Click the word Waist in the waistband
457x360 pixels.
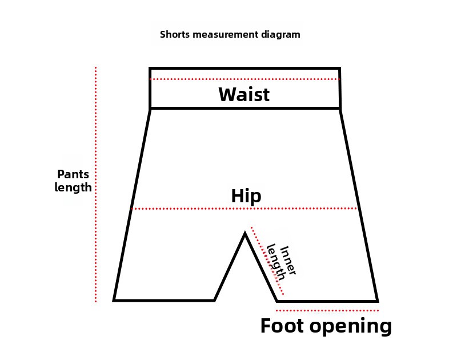point(244,94)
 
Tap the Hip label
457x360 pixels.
point(246,196)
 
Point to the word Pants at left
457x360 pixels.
point(73,174)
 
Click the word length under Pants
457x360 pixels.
point(73,187)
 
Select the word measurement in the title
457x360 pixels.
point(226,34)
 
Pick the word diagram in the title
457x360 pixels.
point(281,34)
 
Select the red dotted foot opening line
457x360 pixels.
point(327,310)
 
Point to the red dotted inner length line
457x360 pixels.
point(267,261)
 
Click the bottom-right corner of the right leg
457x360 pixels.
point(377,301)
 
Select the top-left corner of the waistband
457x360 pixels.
point(150,68)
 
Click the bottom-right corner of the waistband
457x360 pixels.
point(340,108)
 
